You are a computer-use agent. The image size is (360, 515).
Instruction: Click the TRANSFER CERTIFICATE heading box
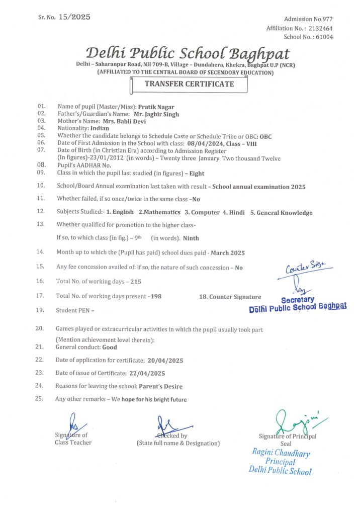(x=189, y=84)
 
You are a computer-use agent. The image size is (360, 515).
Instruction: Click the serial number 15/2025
(x=74, y=17)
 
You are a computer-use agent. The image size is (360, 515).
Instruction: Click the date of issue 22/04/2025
(x=147, y=373)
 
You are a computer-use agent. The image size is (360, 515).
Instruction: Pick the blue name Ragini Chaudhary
(x=281, y=453)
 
